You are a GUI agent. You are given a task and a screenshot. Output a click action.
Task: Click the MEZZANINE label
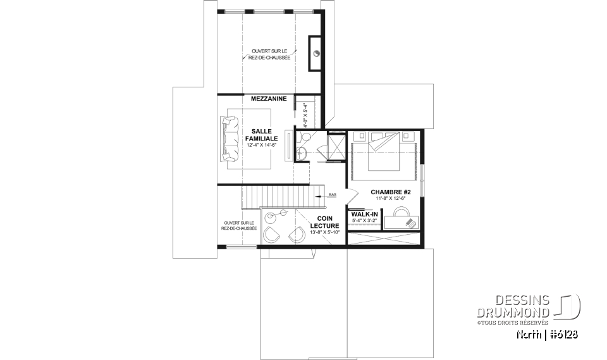(x=269, y=99)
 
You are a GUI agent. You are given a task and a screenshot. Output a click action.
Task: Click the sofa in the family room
(x=228, y=137)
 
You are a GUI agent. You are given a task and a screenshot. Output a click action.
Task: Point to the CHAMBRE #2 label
(x=391, y=192)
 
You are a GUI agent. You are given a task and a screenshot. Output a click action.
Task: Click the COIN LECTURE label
(x=324, y=222)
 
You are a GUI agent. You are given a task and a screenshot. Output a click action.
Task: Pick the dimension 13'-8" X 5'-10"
(x=324, y=232)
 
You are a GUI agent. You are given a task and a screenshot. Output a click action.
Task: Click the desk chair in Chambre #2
(x=410, y=223)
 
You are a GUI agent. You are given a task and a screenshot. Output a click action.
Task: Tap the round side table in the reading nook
(x=271, y=217)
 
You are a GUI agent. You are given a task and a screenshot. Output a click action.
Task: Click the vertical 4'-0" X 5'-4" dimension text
(x=305, y=115)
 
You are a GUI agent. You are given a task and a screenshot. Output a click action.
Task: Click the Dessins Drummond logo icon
(x=568, y=306)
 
